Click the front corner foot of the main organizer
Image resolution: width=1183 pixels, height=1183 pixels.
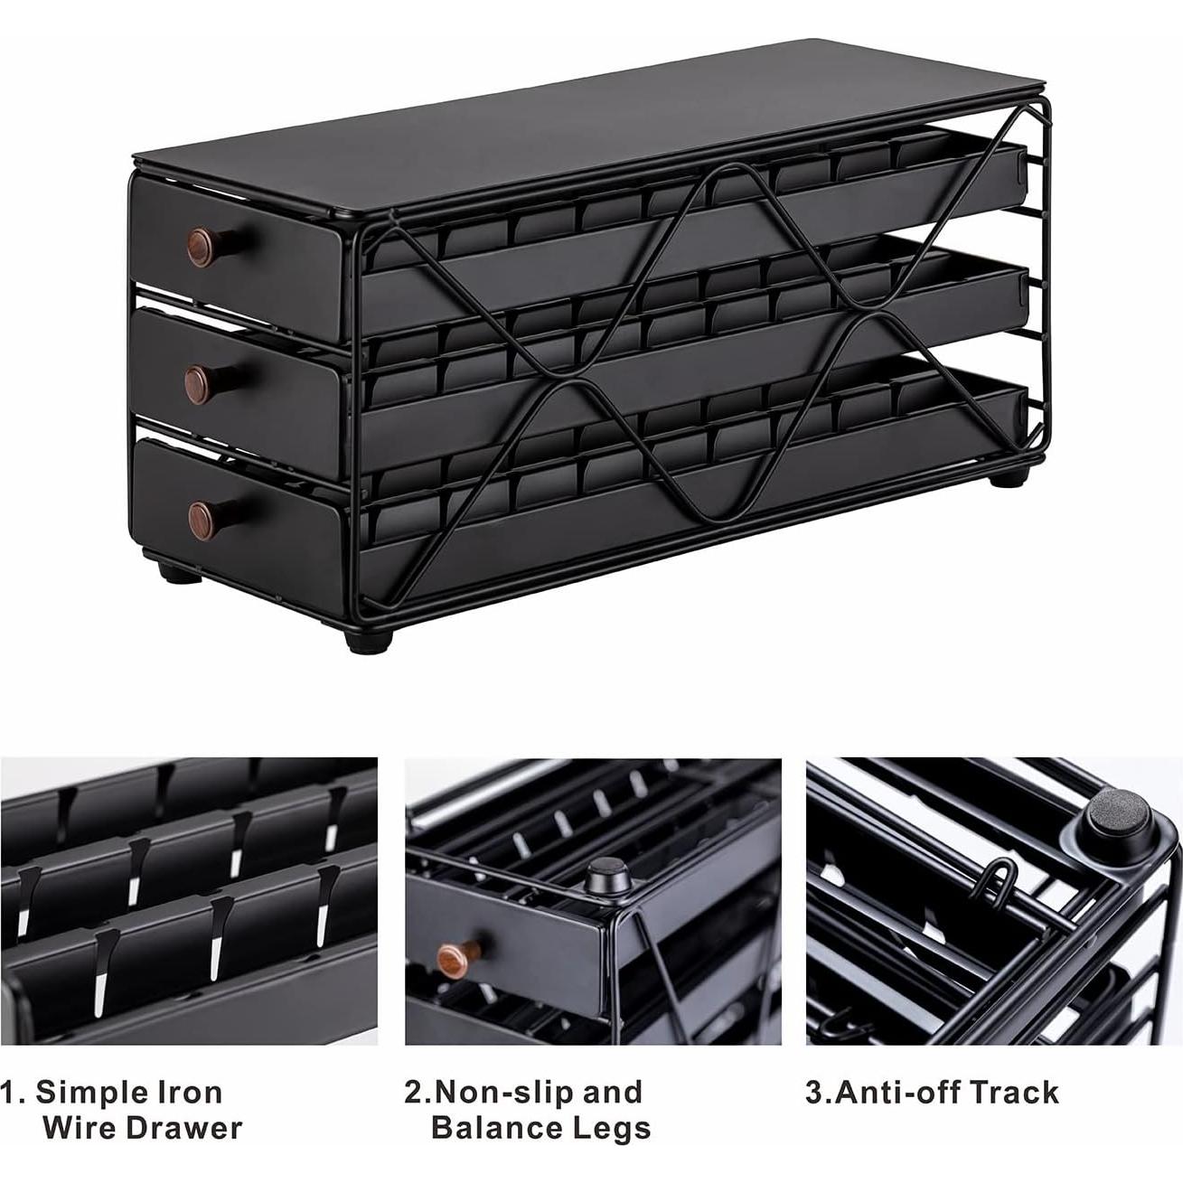pyautogui.click(x=369, y=638)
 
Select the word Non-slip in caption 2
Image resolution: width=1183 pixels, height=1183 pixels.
pyautogui.click(x=502, y=1092)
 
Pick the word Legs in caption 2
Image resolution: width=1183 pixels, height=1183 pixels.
pyautogui.click(x=612, y=1128)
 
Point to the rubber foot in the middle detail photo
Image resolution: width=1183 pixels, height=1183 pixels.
pyautogui.click(x=603, y=876)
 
